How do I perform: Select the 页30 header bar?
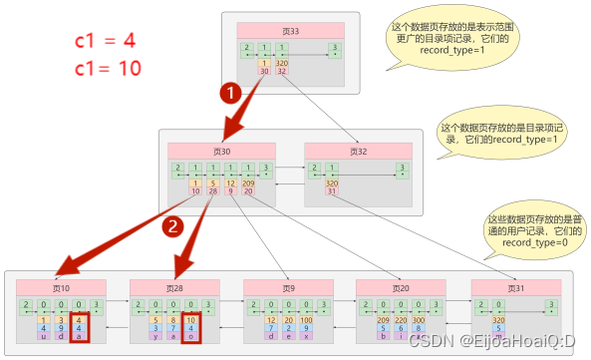pyautogui.click(x=221, y=151)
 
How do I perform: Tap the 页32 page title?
pyautogui.click(x=358, y=151)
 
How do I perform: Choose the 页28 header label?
pyautogui.click(x=174, y=287)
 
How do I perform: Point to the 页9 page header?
pyautogui.click(x=289, y=287)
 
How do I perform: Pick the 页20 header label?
pyautogui.click(x=403, y=287)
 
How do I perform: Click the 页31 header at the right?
pyautogui.click(x=515, y=287)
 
